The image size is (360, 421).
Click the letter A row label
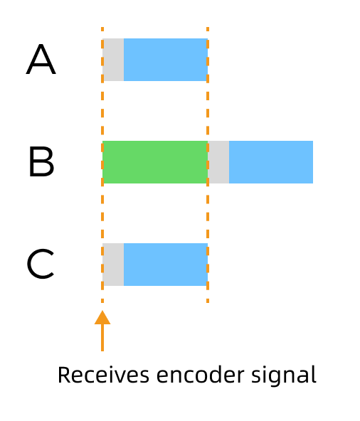(41, 60)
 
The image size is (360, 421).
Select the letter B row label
(41, 162)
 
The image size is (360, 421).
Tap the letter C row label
(41, 265)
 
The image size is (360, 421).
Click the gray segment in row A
(113, 60)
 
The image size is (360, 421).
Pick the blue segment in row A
(165, 60)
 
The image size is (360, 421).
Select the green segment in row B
(155, 162)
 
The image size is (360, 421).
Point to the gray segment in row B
(218, 162)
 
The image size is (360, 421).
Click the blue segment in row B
(270, 162)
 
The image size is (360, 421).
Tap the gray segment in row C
(113, 265)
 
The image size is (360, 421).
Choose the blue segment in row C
(165, 265)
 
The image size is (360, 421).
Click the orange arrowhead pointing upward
(102, 317)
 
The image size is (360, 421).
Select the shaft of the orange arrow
(102, 338)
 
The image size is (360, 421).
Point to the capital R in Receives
(63, 374)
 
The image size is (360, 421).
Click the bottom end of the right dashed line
(208, 301)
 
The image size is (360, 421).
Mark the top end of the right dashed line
(208, 30)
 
